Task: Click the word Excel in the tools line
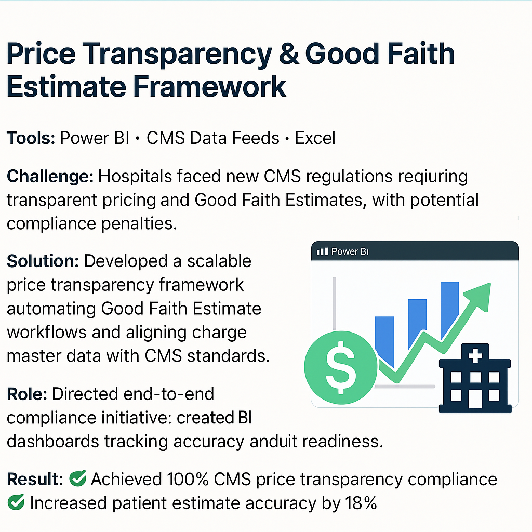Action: pos(315,138)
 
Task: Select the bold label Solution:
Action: pos(42,261)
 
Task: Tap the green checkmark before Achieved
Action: pos(77,479)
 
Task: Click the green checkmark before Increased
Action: pos(16,503)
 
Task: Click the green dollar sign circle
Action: pos(340,362)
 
